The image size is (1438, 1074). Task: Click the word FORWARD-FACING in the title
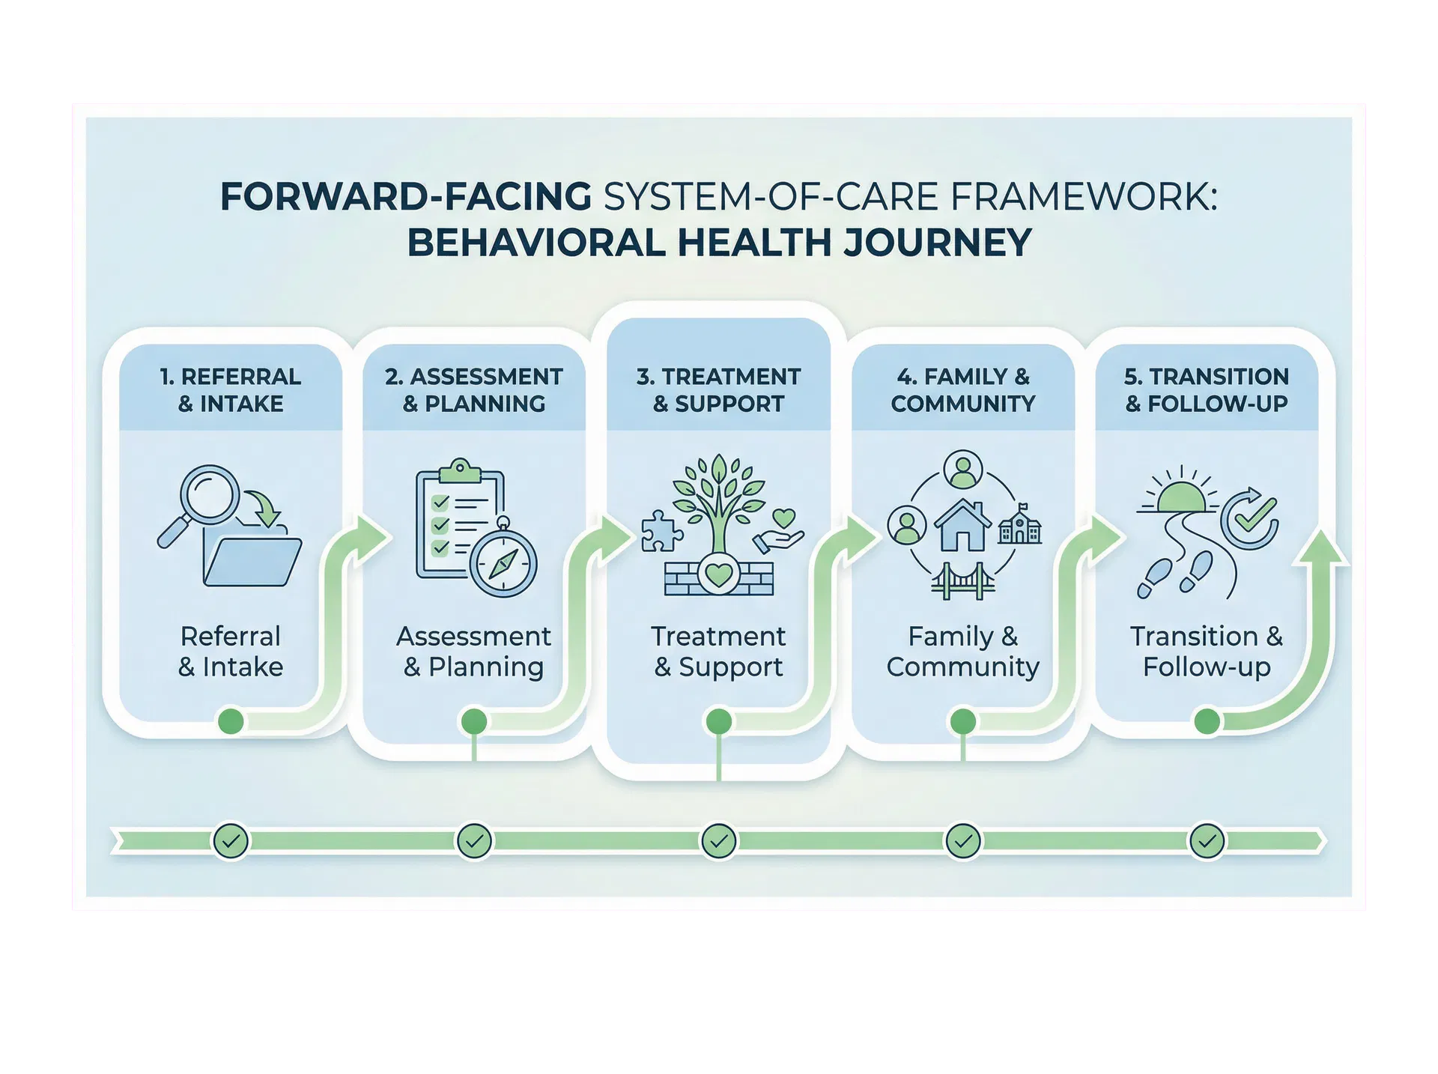(x=406, y=197)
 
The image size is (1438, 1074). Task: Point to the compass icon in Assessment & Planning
(x=503, y=563)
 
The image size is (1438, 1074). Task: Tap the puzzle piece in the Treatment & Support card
(x=661, y=531)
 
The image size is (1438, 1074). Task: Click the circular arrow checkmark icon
(x=1249, y=518)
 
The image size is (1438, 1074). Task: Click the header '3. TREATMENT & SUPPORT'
(x=718, y=389)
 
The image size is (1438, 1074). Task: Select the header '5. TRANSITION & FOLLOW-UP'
(x=1207, y=389)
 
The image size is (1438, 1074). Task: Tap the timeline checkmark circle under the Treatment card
(x=719, y=841)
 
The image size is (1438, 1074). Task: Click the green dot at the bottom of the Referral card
(x=231, y=721)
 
